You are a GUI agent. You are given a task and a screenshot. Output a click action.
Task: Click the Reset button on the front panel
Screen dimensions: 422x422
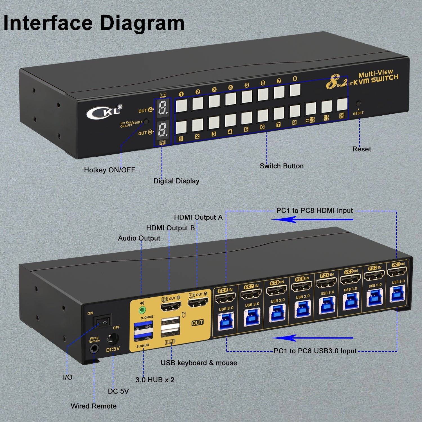point(358,103)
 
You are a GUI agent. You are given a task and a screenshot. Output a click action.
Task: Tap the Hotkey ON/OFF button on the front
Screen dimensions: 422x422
point(146,122)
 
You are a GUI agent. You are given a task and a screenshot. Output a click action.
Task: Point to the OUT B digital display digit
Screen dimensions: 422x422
point(162,130)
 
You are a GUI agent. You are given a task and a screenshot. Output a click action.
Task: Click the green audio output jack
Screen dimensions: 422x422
point(142,311)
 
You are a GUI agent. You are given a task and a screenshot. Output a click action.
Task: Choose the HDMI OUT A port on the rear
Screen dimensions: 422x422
point(198,303)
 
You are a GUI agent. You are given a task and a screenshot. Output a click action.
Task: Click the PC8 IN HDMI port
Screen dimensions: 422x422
point(225,298)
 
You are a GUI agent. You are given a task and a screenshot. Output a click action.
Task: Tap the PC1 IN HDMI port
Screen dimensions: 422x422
point(397,272)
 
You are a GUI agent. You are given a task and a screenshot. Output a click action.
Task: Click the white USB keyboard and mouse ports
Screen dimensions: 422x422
point(170,327)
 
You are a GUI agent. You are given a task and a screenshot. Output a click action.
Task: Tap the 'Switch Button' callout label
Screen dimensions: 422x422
point(282,166)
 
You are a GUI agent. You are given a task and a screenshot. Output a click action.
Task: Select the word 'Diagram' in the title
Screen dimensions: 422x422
point(142,23)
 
